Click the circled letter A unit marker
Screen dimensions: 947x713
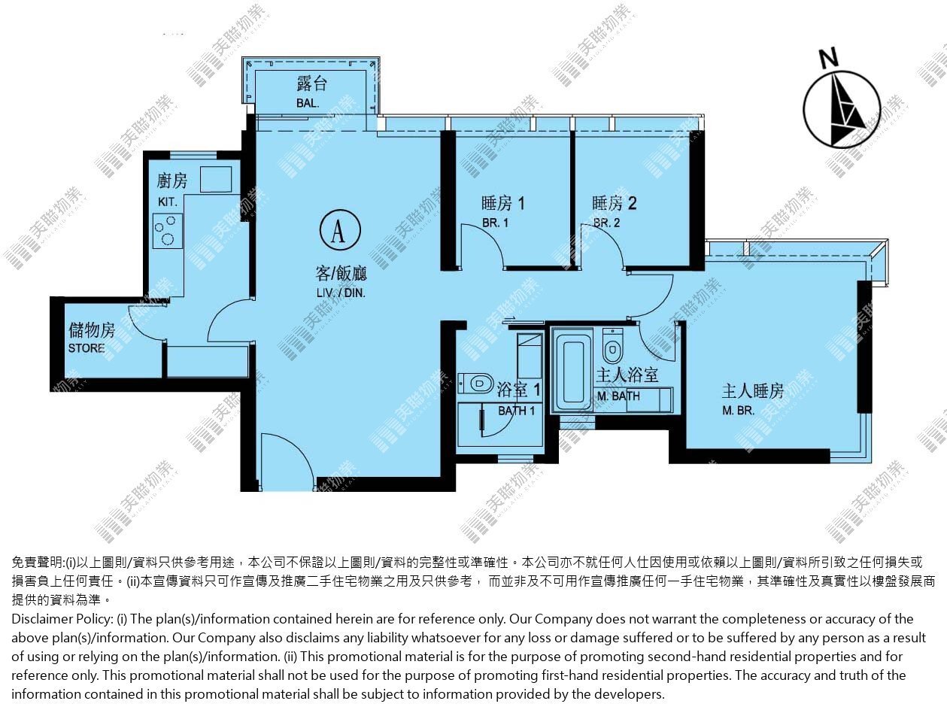tap(340, 230)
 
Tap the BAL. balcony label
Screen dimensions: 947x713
tap(308, 104)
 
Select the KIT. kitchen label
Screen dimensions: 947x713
tap(168, 202)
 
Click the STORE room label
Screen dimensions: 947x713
tap(87, 348)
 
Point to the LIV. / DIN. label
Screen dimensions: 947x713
tap(341, 293)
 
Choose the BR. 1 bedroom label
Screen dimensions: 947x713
tap(495, 223)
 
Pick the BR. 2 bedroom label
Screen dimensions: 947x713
tap(607, 223)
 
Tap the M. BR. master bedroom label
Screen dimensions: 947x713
tap(739, 411)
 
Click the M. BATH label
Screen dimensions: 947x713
tap(619, 396)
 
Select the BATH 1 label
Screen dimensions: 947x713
tap(517, 411)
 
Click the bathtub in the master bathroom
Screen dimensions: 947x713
tap(573, 371)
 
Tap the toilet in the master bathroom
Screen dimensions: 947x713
tap(612, 346)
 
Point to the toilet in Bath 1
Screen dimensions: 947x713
tap(476, 383)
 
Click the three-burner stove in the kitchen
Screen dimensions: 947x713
tap(168, 231)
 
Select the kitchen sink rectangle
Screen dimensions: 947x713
tap(216, 179)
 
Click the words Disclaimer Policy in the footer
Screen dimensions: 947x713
tap(62, 619)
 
